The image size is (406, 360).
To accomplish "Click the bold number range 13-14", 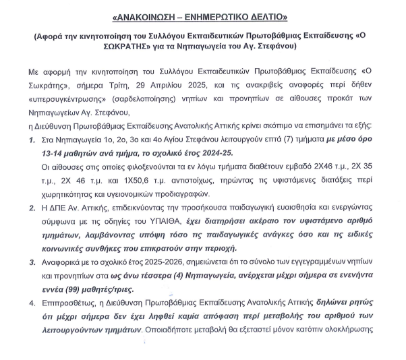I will [x=55, y=156].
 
